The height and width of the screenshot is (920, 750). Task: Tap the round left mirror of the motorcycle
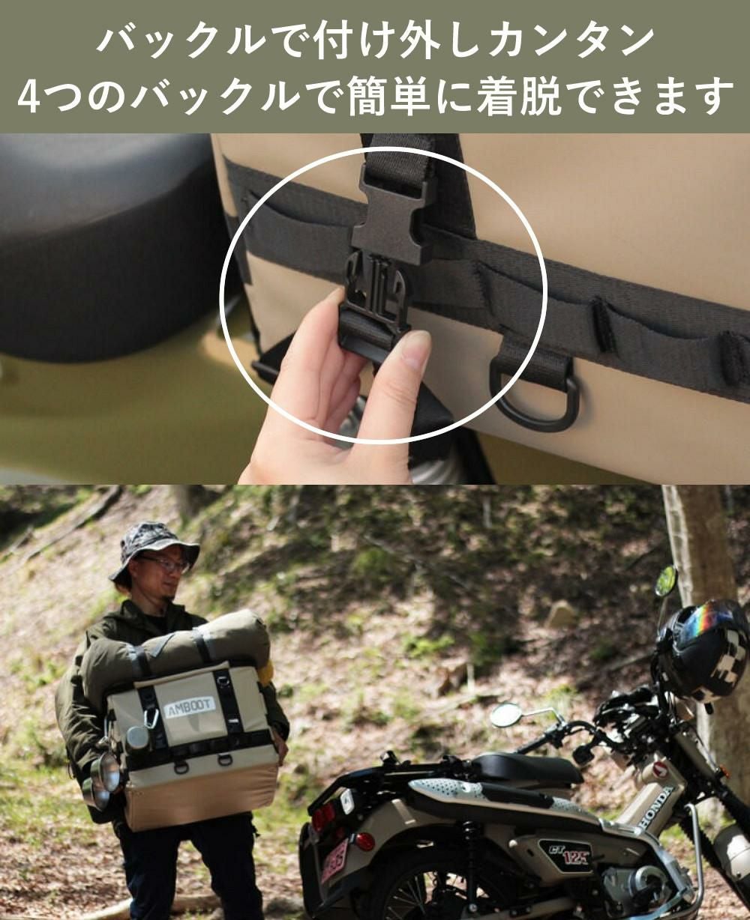507,715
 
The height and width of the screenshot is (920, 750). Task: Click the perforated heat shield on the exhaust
442,791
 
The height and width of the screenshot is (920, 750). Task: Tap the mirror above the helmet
665,581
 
